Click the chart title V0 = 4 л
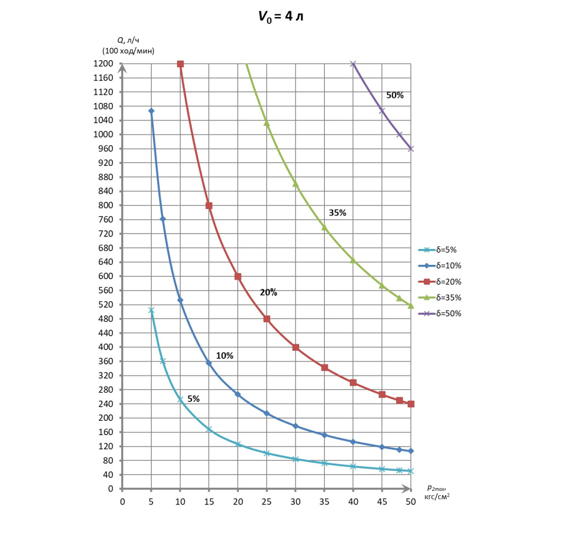coord(280,16)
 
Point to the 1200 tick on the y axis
coord(103,64)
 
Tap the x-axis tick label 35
coord(324,501)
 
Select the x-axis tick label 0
coord(122,501)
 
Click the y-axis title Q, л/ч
coord(128,40)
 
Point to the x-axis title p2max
coord(437,488)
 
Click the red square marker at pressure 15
coord(209,206)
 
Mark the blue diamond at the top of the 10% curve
coord(151,111)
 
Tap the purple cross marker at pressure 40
coord(353,64)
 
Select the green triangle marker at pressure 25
coord(267,123)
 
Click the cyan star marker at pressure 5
coord(151,310)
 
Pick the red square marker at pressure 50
coord(411,404)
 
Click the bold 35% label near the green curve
coord(337,213)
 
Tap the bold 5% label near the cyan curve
coord(193,399)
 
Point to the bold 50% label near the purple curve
coord(395,95)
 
